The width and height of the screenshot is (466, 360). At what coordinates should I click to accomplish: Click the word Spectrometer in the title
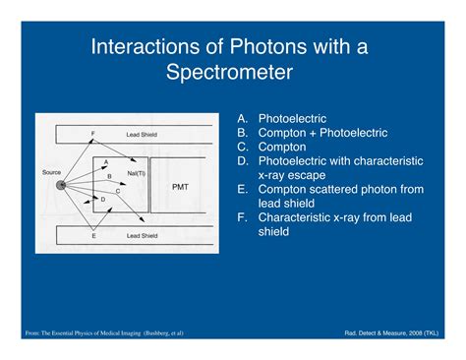232,73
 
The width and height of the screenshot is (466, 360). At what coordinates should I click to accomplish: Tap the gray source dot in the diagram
62,184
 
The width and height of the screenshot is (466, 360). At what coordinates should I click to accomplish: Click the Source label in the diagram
51,172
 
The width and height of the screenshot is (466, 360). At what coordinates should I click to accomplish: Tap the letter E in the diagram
92,237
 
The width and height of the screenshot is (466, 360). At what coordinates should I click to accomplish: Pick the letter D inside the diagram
103,199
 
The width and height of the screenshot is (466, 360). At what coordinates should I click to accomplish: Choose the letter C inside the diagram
117,191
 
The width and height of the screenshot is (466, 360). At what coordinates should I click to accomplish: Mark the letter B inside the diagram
109,175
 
